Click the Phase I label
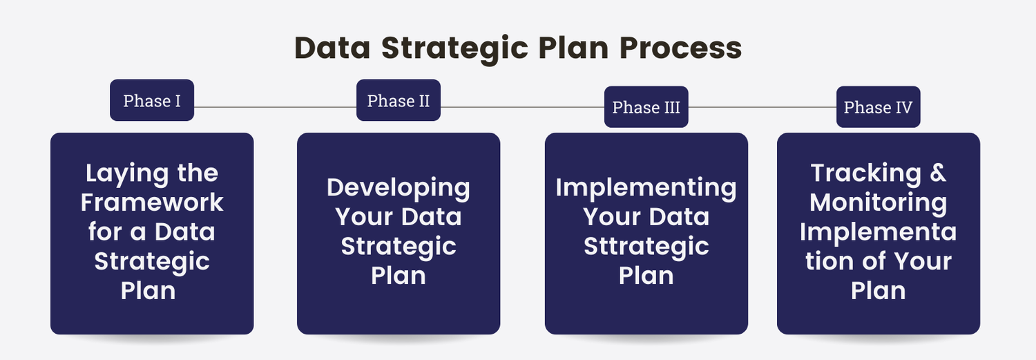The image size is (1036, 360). (x=152, y=101)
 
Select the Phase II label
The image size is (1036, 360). (x=399, y=101)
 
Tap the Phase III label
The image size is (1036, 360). (x=646, y=108)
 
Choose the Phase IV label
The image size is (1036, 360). (x=878, y=108)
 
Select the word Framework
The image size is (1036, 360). (x=152, y=202)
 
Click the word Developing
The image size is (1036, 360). (x=399, y=187)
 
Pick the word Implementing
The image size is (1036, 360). (x=646, y=187)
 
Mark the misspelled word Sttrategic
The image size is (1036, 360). (x=646, y=247)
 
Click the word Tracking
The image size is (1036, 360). (x=865, y=173)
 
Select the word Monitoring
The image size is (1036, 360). (x=878, y=202)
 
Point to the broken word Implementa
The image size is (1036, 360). (x=878, y=232)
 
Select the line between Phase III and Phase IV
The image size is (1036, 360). (x=762, y=107)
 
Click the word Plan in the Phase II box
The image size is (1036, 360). (x=399, y=276)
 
